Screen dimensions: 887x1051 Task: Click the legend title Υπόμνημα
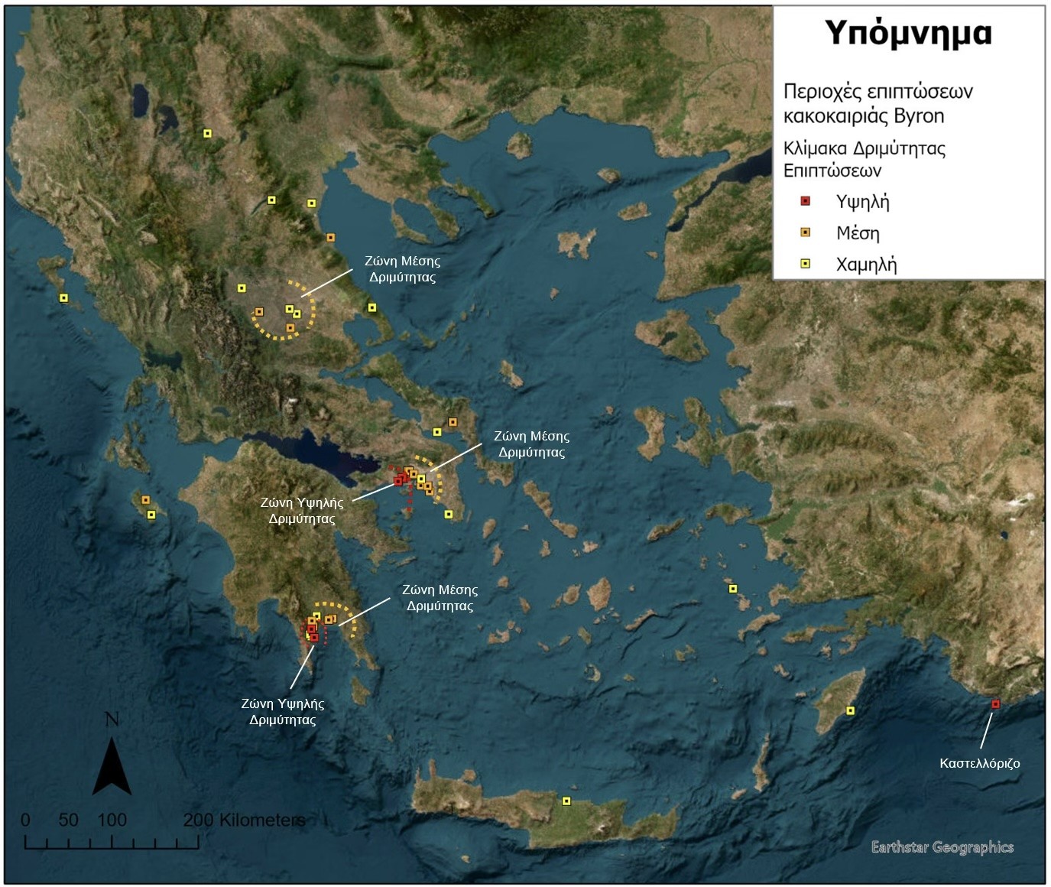[908, 34]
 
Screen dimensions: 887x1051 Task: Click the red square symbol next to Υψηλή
[805, 201]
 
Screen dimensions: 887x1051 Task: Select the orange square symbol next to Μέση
[805, 232]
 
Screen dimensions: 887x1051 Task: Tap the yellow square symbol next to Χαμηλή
[805, 264]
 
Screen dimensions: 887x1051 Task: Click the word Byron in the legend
[919, 116]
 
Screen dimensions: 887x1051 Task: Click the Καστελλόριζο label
[979, 763]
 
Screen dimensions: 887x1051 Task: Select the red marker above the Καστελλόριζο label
[995, 703]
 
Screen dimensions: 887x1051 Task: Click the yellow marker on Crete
[566, 801]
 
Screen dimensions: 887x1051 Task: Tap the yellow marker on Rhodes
[850, 711]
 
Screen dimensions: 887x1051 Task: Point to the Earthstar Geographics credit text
[942, 847]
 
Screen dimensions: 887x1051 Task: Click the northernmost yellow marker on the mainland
[207, 134]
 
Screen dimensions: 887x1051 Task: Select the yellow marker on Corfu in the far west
[63, 298]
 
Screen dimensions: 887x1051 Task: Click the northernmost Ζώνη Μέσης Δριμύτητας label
[402, 269]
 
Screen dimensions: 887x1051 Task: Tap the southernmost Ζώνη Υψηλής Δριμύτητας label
[283, 711]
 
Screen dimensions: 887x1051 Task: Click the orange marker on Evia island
[453, 422]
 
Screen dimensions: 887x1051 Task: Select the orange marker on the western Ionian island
[145, 500]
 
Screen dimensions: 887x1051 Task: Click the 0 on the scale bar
[25, 820]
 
